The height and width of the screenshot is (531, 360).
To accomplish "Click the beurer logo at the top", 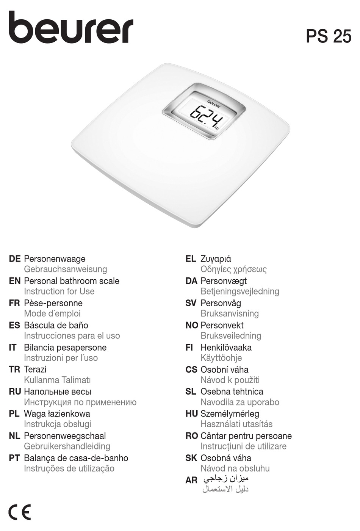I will [x=71, y=28].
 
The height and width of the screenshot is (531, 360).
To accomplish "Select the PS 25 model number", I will [x=329, y=36].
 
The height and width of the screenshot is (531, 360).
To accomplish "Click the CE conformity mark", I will [x=19, y=513].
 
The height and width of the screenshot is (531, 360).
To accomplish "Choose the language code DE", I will [x=14, y=259].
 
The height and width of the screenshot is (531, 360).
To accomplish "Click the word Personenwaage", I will [x=55, y=259].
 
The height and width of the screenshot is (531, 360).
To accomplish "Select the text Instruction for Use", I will [x=59, y=291].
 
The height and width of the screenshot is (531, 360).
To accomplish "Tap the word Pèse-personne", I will [x=53, y=303].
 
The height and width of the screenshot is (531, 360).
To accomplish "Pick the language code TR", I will [x=14, y=370].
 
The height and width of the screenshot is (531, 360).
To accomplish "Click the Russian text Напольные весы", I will [x=58, y=392].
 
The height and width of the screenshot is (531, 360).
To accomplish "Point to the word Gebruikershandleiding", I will [x=67, y=446].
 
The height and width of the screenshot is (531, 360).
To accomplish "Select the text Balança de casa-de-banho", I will [x=76, y=458].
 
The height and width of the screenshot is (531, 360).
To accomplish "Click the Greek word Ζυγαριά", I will [x=216, y=259].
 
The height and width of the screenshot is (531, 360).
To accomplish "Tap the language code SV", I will [x=191, y=303].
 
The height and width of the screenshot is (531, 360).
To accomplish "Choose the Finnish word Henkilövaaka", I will [x=226, y=348].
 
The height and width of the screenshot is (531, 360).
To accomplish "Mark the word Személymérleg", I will [x=230, y=414].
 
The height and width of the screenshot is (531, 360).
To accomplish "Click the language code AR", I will [x=191, y=480].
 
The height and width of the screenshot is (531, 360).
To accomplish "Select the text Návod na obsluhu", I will [x=235, y=468].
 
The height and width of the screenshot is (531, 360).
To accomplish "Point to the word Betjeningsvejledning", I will [x=240, y=291].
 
